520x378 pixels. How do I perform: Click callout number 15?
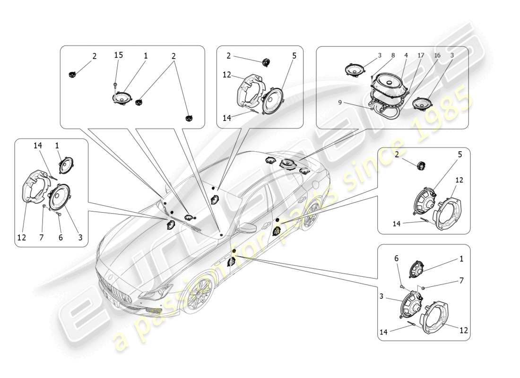pos(118,55)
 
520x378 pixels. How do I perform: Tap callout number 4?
pos(405,55)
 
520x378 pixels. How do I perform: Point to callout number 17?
pos(421,55)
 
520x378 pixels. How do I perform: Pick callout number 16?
pos(437,55)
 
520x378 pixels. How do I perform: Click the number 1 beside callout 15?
pos(146,55)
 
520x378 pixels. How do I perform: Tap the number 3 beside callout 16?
pos(452,55)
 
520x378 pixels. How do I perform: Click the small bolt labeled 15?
pos(115,85)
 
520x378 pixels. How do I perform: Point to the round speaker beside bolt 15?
pos(122,98)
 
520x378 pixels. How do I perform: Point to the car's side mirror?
pos(247,228)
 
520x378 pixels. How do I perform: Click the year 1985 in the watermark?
pos(442,116)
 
